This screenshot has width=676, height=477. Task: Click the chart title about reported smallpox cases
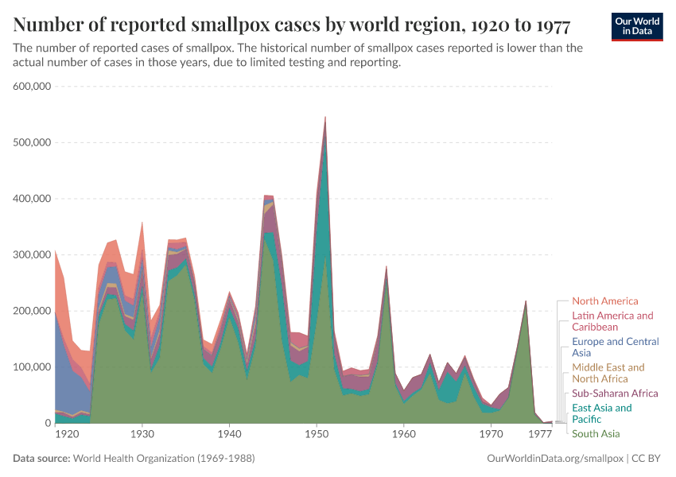pos(291,25)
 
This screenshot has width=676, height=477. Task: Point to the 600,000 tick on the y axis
pos(32,87)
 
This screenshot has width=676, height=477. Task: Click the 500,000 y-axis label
pos(32,143)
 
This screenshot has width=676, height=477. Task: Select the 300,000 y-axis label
pos(32,255)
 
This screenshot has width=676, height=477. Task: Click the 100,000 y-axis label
pos(32,367)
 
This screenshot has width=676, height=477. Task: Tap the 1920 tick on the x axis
pos(67,435)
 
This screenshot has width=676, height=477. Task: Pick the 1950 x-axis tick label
pos(317,435)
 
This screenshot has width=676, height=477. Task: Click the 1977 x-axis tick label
pos(540,435)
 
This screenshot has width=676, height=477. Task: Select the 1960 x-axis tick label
pos(404,435)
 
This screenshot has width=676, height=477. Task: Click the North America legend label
pos(604,301)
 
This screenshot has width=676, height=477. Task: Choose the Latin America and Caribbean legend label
pos(612,321)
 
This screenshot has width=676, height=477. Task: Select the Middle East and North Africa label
pos(608,373)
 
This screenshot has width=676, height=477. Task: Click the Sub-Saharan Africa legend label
pos(615,394)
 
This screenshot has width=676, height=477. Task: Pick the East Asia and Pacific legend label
pos(601,413)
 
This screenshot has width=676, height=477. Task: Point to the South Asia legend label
pos(596,434)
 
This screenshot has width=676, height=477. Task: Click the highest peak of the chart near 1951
pos(325,118)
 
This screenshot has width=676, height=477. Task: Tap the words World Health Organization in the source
pos(141,459)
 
